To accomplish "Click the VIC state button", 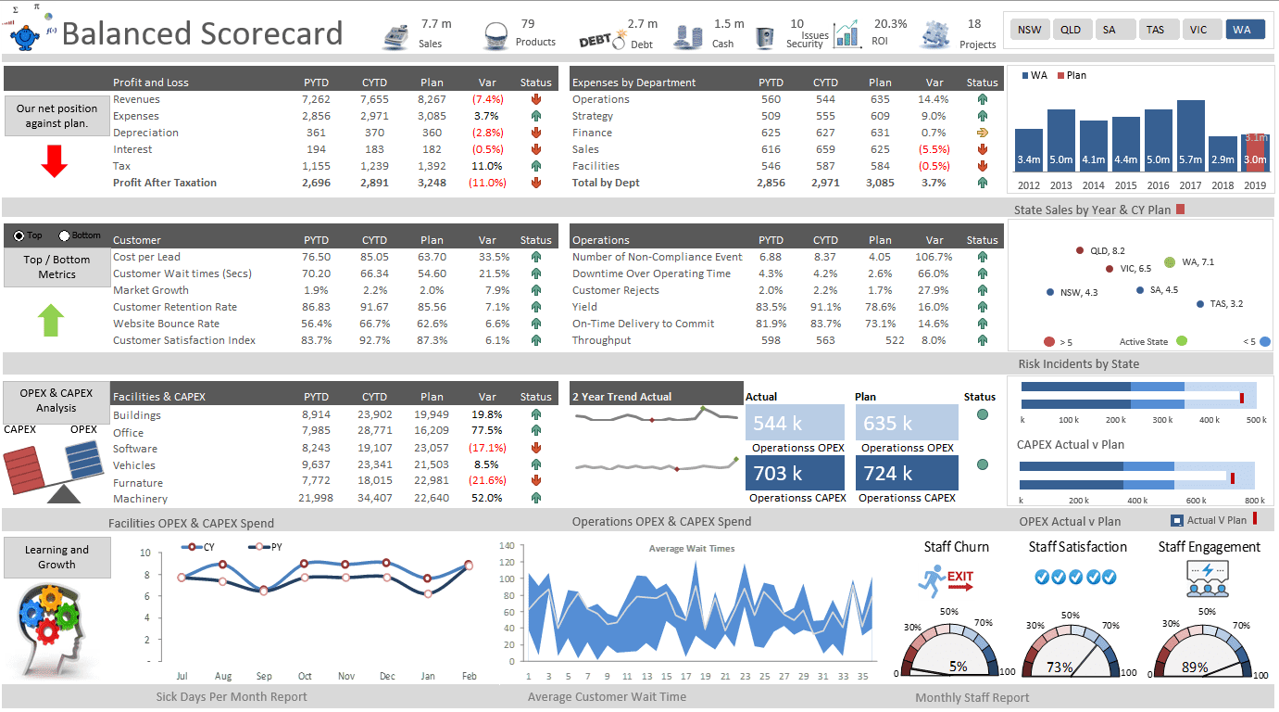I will click(1199, 30).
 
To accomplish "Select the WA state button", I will click(1242, 30).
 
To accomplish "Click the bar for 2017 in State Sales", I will click(1190, 135).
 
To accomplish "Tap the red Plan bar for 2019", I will click(1255, 153).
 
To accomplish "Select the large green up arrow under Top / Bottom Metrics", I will click(52, 320).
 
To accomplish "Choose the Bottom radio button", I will click(65, 235).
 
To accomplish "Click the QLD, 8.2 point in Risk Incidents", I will click(1080, 251).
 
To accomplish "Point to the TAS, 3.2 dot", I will click(1200, 304).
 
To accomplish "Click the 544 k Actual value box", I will click(795, 423).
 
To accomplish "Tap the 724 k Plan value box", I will click(906, 473).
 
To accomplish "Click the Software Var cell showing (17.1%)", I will click(487, 449).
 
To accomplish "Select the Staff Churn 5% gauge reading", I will click(958, 666).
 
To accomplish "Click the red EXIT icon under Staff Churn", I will click(959, 579).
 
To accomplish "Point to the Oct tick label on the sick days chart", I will click(305, 676).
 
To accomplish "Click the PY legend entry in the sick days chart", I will click(269, 547).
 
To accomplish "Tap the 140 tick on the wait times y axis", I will click(506, 546).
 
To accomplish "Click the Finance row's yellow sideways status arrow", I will click(982, 133).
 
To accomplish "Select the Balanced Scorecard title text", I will click(202, 34).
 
